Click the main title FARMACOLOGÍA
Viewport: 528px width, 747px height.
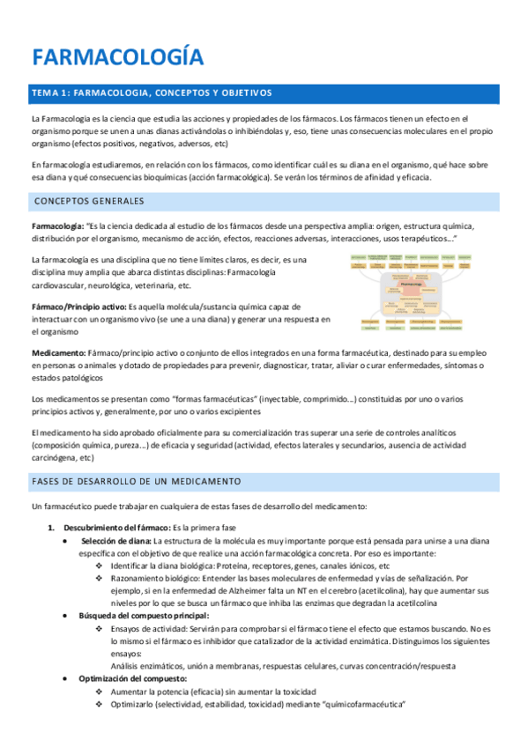pos(118,58)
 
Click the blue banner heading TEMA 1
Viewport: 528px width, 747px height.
pos(152,93)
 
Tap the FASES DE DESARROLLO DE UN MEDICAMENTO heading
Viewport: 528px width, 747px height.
pos(137,482)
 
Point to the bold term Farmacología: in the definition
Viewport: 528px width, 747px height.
pos(58,226)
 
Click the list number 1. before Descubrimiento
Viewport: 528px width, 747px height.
pos(50,527)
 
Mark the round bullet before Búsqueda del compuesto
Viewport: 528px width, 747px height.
pos(67,615)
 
